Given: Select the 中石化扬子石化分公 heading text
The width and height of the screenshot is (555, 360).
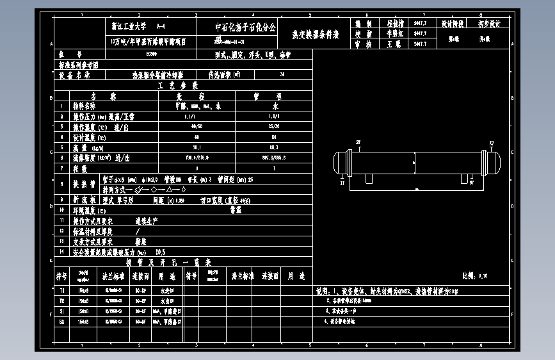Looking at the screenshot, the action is pyautogui.click(x=245, y=27).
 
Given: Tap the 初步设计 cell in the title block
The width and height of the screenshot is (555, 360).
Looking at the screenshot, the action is pyautogui.click(x=489, y=24).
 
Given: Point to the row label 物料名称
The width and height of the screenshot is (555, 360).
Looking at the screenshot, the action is pyautogui.click(x=84, y=106).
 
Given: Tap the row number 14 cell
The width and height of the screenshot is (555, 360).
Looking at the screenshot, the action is pyautogui.click(x=61, y=252).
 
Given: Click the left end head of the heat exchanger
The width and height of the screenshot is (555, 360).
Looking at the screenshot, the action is pyautogui.click(x=341, y=163).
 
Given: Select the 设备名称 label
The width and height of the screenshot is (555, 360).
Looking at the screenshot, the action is pyautogui.click(x=74, y=74).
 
